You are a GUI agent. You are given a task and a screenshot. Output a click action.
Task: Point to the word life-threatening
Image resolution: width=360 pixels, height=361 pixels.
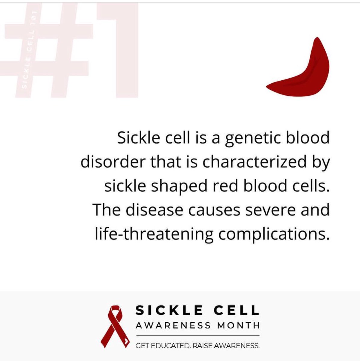pos(154,234)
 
